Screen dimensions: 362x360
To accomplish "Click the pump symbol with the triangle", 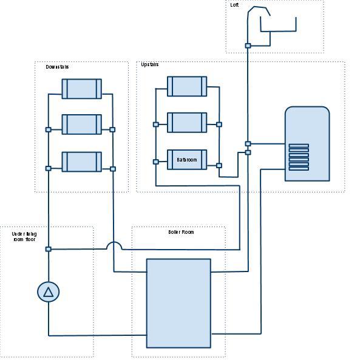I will coord(49,292).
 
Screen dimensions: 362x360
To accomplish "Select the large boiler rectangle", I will coord(178,303).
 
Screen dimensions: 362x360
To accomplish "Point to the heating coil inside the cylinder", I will coord(298,157).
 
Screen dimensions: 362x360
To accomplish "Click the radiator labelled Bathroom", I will coord(187,160).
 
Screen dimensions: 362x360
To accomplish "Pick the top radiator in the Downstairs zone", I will coord(81,89).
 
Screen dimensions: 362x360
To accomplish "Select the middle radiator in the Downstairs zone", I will coord(81,124).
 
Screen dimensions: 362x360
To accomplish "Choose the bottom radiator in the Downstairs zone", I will coord(81,162).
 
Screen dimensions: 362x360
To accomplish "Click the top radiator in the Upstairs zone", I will coord(187,86).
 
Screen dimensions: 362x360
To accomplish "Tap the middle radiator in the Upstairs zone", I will coord(187,122).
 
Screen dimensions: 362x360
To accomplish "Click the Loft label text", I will coord(234,5).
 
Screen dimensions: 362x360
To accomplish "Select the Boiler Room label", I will coord(181,232).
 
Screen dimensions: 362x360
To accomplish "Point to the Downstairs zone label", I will coord(57,67).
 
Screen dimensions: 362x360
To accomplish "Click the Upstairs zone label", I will coord(150,64).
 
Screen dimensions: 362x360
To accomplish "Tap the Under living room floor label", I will coord(24,237).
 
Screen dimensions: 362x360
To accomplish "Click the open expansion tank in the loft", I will coord(278,24).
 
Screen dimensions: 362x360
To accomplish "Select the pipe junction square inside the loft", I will coord(248,46).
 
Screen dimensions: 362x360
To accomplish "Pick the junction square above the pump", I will coord(49,249).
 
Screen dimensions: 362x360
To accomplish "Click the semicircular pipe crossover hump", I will coord(114,245).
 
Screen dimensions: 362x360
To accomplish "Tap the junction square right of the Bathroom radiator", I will coord(219,165).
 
